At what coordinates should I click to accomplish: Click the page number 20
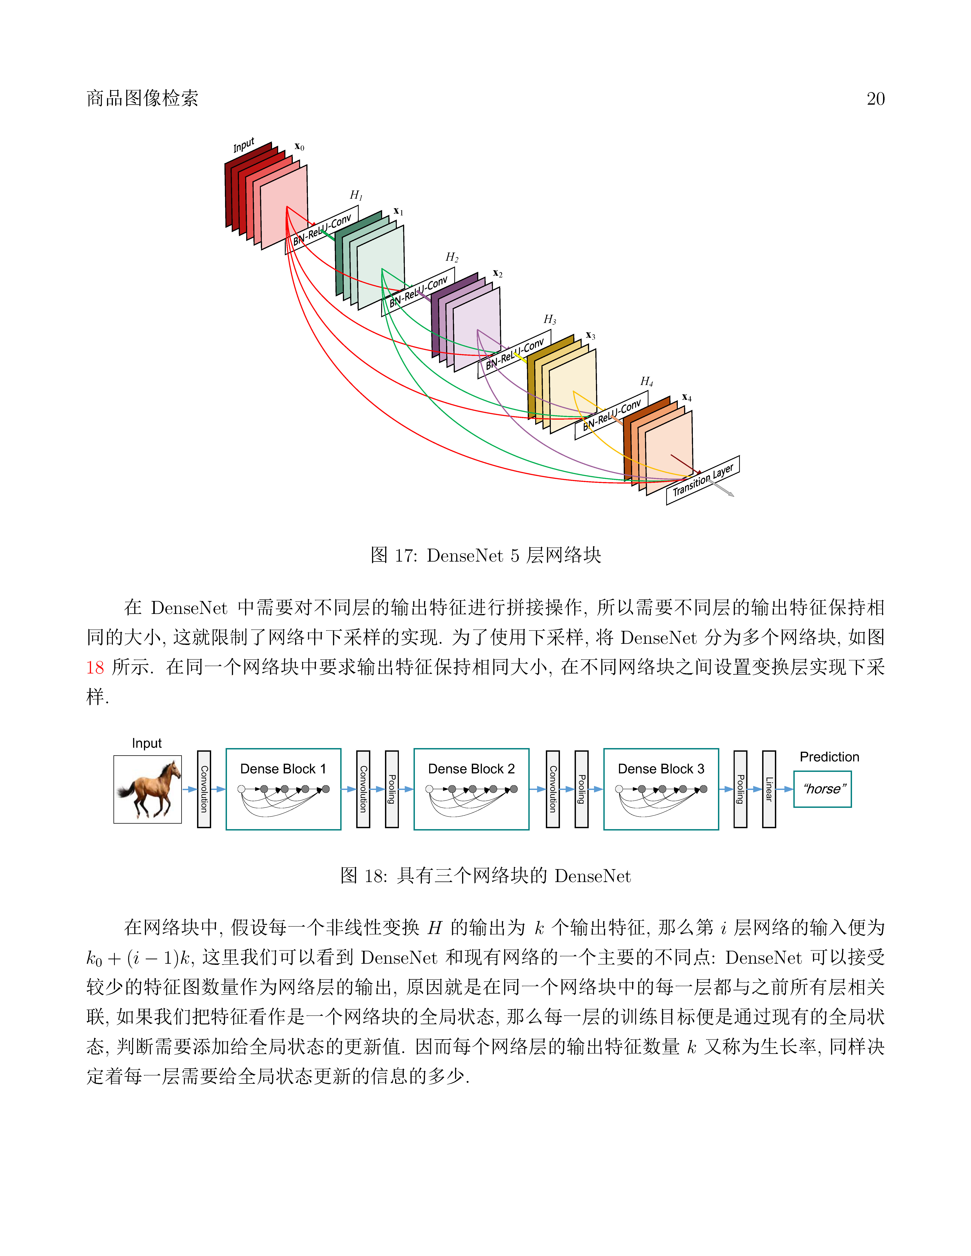click(875, 99)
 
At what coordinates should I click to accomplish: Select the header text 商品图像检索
click(142, 98)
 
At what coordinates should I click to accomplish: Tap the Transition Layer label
click(703, 480)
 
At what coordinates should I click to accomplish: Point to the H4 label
click(647, 381)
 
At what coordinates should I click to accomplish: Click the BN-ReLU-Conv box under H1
click(322, 230)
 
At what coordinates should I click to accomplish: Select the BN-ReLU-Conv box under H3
click(514, 354)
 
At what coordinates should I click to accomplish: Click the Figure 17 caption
click(485, 555)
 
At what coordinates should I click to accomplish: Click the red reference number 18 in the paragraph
click(95, 667)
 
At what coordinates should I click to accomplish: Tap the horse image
click(148, 790)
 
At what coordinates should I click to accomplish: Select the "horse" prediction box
click(822, 789)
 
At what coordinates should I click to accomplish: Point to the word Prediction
click(830, 757)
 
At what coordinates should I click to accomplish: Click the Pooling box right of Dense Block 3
click(740, 789)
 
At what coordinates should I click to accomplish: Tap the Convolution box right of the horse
click(204, 789)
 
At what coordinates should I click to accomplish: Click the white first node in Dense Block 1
click(242, 789)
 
